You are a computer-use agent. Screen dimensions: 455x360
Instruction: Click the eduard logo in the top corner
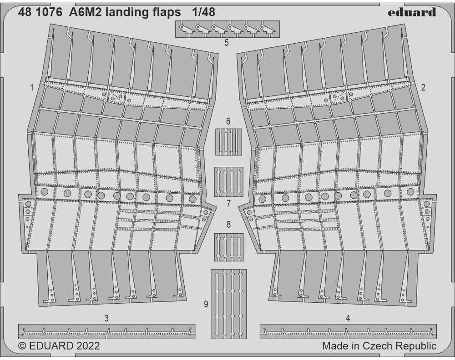click(x=412, y=12)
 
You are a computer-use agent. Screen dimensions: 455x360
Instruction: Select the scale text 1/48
click(x=203, y=12)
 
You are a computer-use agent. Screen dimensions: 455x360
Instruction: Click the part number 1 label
click(x=32, y=88)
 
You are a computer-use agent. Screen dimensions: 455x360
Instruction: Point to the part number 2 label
click(x=423, y=87)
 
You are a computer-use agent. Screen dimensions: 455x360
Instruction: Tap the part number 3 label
click(x=106, y=319)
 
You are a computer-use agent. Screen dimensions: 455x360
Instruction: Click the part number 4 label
click(x=348, y=319)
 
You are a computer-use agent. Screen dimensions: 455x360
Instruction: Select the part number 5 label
click(x=227, y=43)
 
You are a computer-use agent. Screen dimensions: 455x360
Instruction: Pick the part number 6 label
click(x=228, y=121)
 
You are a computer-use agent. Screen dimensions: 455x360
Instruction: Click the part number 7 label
click(x=228, y=204)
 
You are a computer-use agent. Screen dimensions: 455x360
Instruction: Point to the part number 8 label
click(x=229, y=225)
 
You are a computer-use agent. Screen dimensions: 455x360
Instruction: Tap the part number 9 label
click(x=206, y=304)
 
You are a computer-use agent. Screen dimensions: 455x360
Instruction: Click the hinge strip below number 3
click(x=107, y=332)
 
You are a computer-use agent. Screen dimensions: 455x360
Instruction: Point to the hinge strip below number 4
click(x=348, y=332)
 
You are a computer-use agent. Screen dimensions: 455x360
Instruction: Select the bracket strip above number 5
click(x=227, y=29)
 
